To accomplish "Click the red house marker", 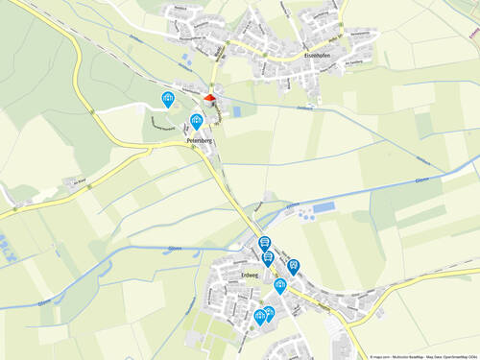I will click(x=210, y=97).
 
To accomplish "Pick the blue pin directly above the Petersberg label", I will click(x=196, y=121).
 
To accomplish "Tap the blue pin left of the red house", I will click(x=168, y=98).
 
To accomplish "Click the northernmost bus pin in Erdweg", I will click(x=265, y=243).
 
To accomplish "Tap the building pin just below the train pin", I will click(x=280, y=285).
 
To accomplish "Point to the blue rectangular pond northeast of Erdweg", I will click(x=324, y=206).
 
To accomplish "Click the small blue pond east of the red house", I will click(x=236, y=111).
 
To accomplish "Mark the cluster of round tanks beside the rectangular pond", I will click(x=306, y=215).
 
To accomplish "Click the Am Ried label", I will click(x=81, y=180).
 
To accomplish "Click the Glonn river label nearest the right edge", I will click(x=420, y=180).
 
